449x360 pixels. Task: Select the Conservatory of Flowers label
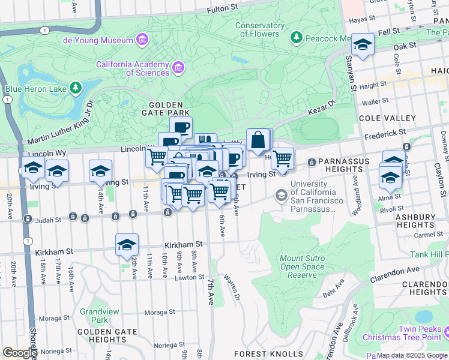point(260,29)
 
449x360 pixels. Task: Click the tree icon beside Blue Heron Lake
point(75,89)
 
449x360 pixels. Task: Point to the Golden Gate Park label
point(166,108)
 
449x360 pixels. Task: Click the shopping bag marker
point(258,140)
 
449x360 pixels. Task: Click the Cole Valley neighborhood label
point(387,118)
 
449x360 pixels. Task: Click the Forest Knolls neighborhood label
point(268,354)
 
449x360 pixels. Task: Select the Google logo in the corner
point(20,352)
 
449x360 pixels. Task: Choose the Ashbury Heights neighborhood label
point(419,220)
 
